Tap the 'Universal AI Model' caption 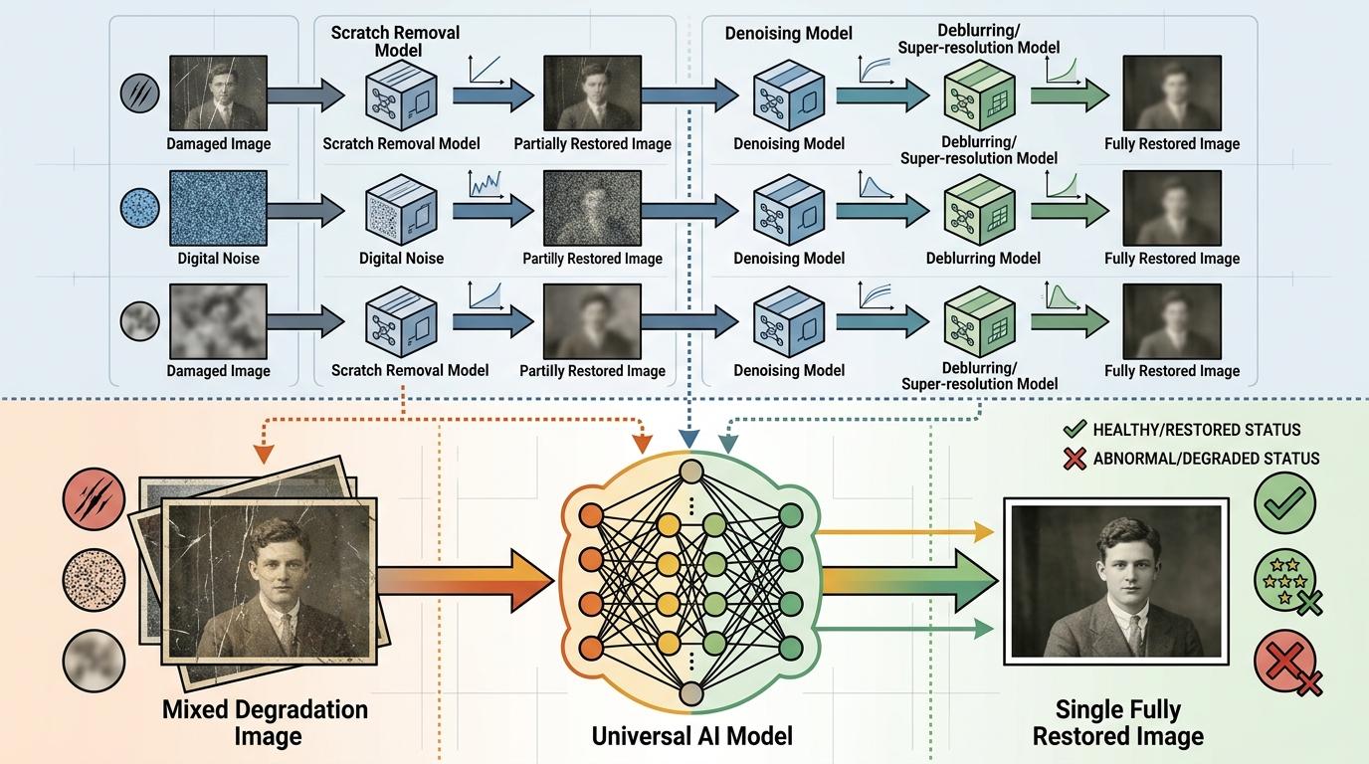pyautogui.click(x=691, y=736)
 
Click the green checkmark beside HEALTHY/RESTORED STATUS pyautogui.click(x=1074, y=431)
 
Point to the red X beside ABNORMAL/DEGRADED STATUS pyautogui.click(x=1074, y=459)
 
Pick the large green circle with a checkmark pyautogui.click(x=1284, y=503)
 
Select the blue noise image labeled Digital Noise pyautogui.click(x=218, y=209)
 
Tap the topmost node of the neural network pyautogui.click(x=691, y=472)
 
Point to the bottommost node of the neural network pyautogui.click(x=691, y=693)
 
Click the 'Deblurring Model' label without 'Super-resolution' pyautogui.click(x=982, y=259)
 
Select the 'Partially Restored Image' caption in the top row pyautogui.click(x=592, y=144)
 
